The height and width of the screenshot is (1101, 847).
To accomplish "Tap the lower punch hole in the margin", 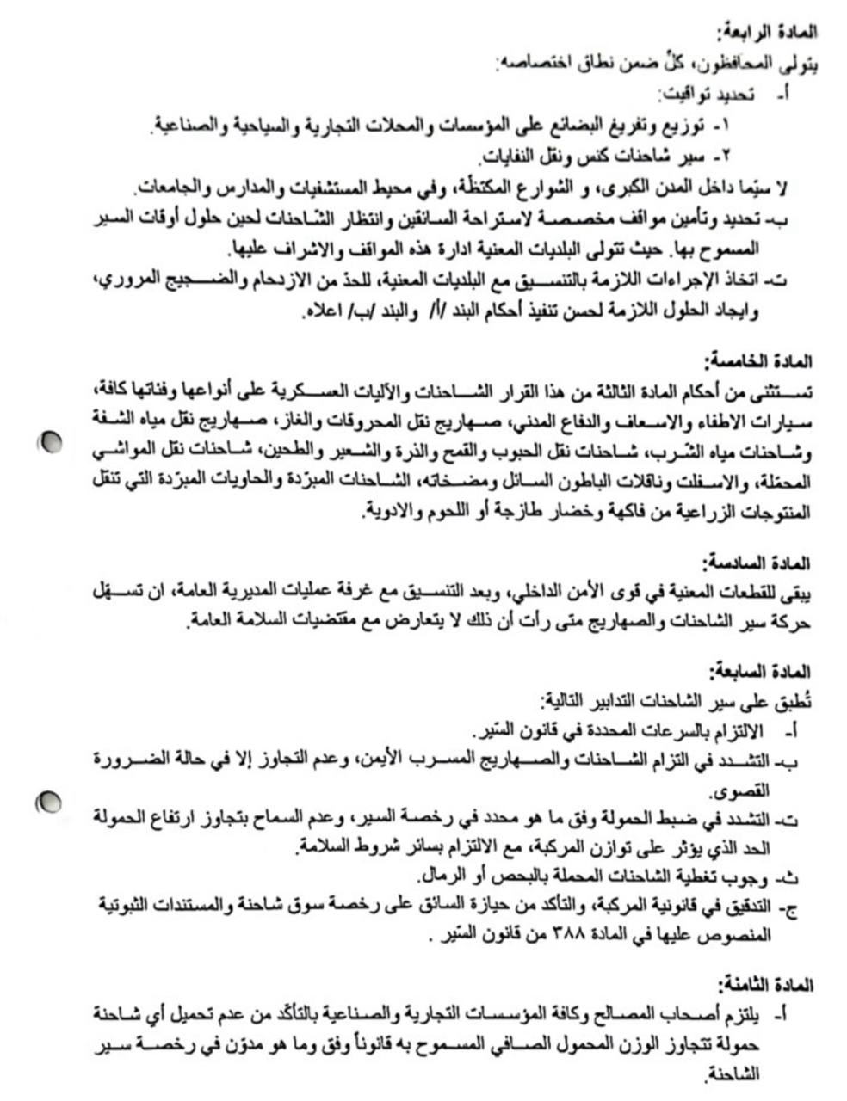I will point(49,803).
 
